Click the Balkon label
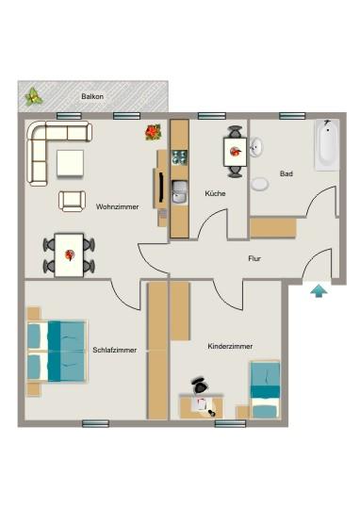tap(92, 96)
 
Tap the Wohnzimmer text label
tap(118, 207)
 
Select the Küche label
tap(215, 194)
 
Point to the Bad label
tap(286, 172)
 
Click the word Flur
tap(254, 256)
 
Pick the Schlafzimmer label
tap(114, 350)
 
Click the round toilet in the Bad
tap(260, 183)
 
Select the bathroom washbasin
tap(257, 148)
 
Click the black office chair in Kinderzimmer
tap(200, 386)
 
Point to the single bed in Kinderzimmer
tap(265, 388)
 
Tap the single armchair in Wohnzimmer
tap(73, 200)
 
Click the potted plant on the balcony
tap(35, 95)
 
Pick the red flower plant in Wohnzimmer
tap(152, 133)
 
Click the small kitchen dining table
tap(234, 151)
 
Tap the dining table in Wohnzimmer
tap(69, 254)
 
